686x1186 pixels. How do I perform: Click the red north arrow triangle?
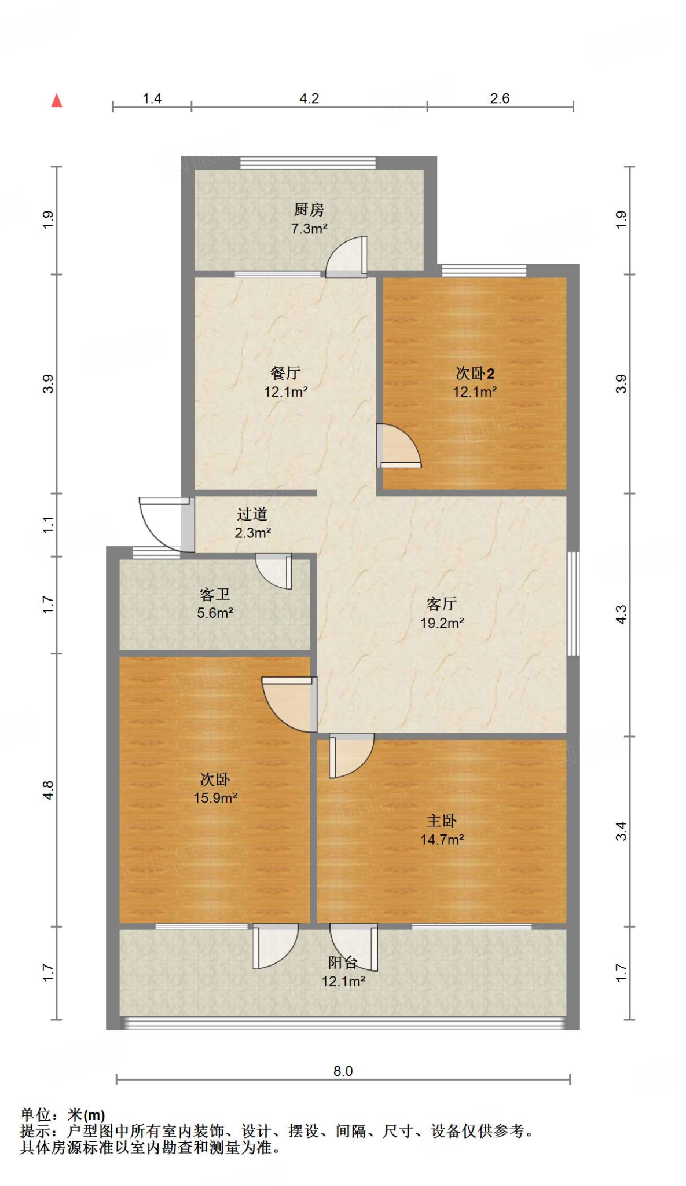(57, 101)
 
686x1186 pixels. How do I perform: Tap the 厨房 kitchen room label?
(309, 210)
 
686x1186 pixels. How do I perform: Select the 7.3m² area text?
(309, 229)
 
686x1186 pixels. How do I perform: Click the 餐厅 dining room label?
(285, 373)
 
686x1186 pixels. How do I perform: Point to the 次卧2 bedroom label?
(475, 373)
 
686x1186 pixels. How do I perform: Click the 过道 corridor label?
(252, 514)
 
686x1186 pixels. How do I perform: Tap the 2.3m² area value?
(252, 533)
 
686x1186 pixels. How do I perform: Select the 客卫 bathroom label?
(215, 594)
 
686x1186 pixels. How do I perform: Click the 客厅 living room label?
(442, 604)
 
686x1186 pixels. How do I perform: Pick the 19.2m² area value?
(442, 623)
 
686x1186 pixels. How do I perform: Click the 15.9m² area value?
(215, 798)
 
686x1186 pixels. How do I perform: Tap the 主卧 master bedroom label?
(442, 821)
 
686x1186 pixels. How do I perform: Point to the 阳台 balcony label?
(343, 962)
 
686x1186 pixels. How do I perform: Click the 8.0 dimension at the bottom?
(343, 1071)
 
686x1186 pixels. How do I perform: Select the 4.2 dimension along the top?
(309, 98)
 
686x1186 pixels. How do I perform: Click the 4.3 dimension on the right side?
(621, 614)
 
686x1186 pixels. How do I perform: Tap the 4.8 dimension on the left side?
(49, 790)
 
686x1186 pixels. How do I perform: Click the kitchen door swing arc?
(345, 256)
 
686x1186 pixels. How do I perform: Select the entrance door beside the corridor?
(163, 524)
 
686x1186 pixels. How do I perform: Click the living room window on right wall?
(573, 603)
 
